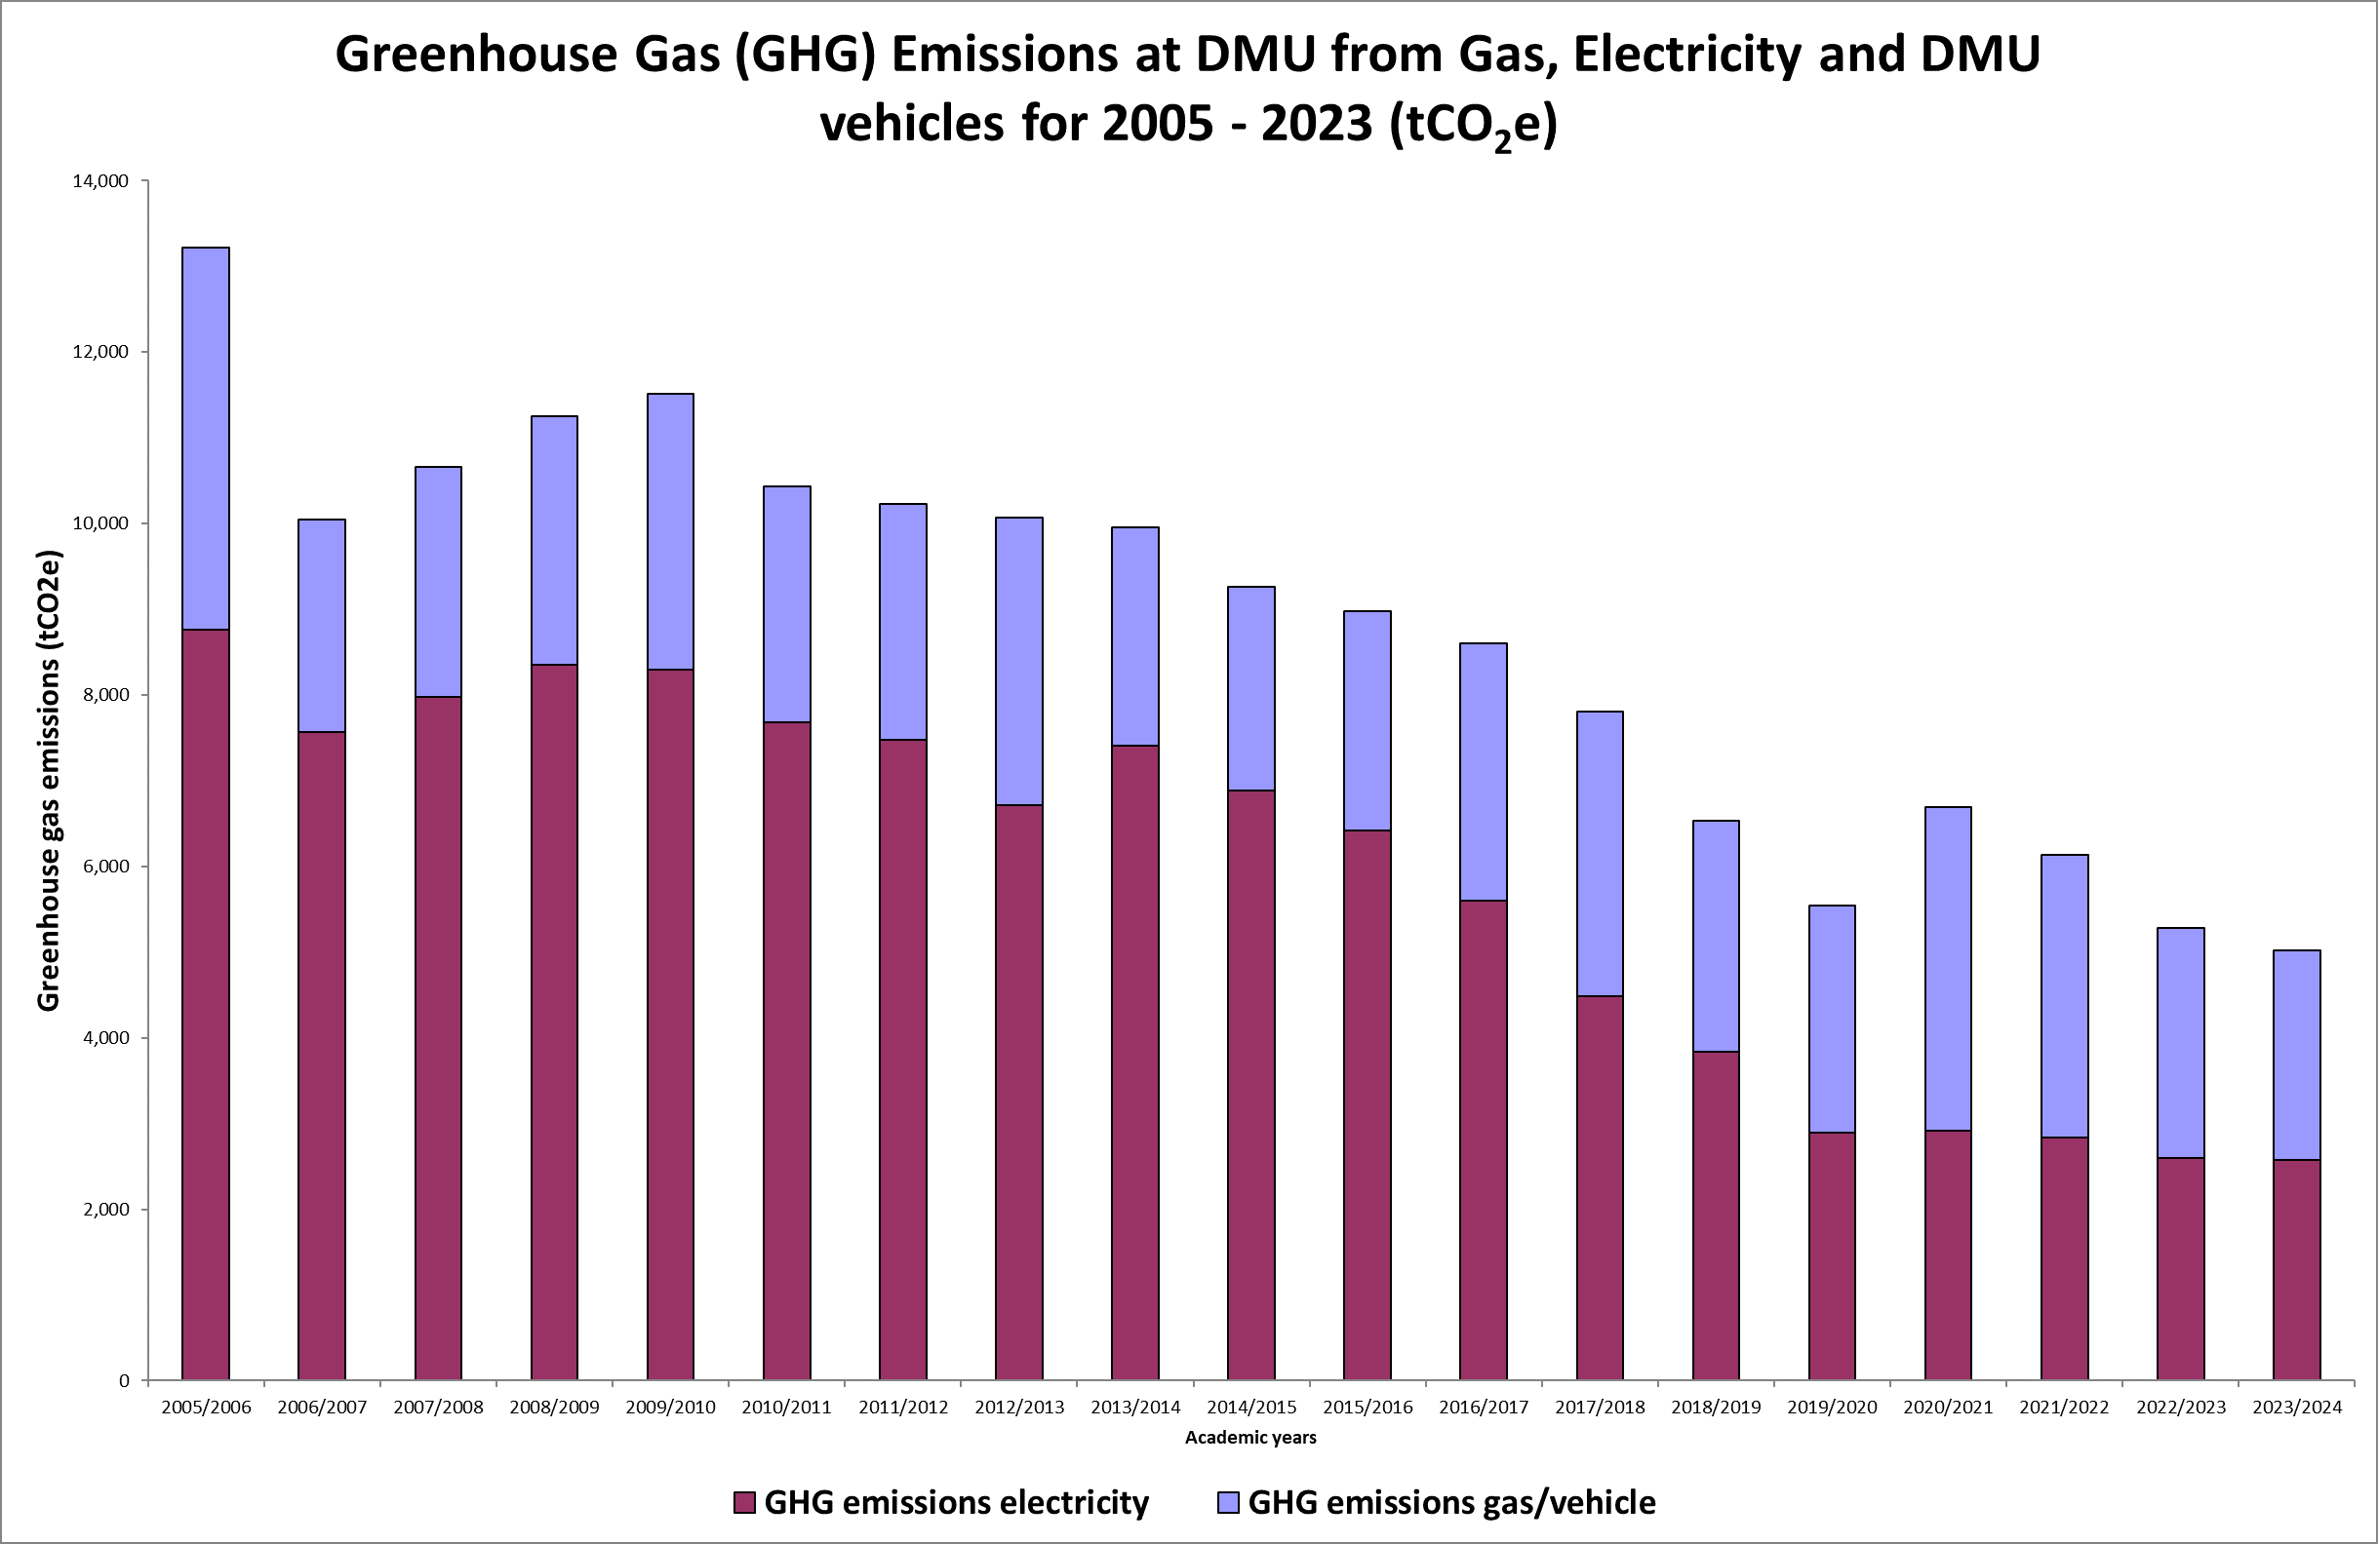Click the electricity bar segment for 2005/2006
point(205,1004)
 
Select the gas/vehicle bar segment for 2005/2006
point(205,438)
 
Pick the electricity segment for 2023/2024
point(2296,1269)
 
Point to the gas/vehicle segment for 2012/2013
point(1019,660)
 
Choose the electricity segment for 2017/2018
point(1600,1187)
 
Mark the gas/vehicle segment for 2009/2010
point(670,530)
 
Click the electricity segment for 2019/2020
point(1832,1255)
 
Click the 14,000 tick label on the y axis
point(99,180)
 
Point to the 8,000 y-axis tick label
point(104,695)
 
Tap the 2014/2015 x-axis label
point(1251,1408)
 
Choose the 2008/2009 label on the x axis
point(555,1408)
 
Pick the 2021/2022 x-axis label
point(2064,1408)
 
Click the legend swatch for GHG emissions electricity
point(743,1502)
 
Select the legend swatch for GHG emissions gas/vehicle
point(1228,1502)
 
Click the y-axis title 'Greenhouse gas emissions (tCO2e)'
point(48,780)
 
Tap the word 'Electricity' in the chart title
point(1686,54)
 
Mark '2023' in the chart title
point(1317,124)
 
